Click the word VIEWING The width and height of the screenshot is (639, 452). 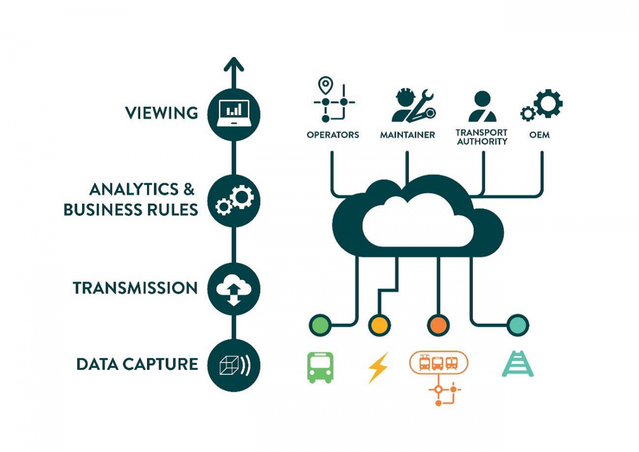tap(161, 113)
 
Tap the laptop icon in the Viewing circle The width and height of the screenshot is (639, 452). tap(233, 113)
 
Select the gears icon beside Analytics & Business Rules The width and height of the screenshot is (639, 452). tap(233, 200)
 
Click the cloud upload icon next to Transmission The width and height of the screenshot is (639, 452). tap(233, 288)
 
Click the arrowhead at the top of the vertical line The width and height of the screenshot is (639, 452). tap(233, 65)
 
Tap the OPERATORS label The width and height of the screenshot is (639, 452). tap(333, 135)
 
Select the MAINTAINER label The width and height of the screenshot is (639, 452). tap(407, 135)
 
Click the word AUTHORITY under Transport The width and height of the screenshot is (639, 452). tap(482, 142)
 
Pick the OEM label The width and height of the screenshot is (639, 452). tap(539, 135)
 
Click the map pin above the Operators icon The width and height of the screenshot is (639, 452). tap(324, 85)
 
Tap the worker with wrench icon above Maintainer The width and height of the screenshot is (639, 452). tap(412, 106)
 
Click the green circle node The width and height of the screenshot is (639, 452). tap(319, 325)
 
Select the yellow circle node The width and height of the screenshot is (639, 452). tap(379, 325)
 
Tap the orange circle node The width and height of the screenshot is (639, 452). tap(438, 325)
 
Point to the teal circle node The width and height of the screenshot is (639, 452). tap(517, 325)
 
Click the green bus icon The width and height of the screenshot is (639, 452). tap(320, 367)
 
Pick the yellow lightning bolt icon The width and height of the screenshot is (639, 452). tap(378, 367)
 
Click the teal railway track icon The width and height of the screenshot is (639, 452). tap(518, 364)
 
